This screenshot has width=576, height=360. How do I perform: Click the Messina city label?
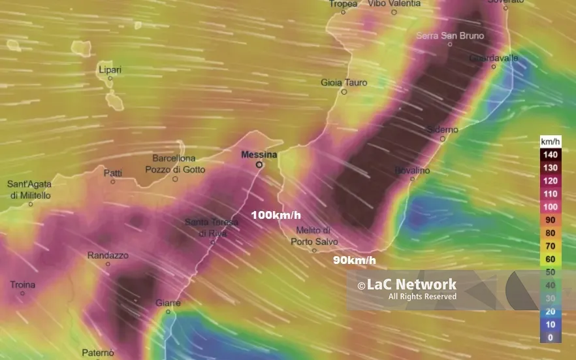tap(259, 155)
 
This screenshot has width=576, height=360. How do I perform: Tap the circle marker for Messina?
tap(259, 165)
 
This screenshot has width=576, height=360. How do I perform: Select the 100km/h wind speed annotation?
tap(276, 215)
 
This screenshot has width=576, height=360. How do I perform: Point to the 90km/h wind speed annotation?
tap(355, 260)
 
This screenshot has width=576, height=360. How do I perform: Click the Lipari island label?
tap(110, 70)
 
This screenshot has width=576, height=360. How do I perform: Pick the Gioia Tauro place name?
tap(344, 83)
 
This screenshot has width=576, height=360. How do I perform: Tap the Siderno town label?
tap(442, 129)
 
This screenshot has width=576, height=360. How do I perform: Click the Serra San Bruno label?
tap(450, 35)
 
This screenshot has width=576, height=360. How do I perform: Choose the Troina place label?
tap(23, 285)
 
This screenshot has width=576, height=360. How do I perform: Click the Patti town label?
tap(113, 172)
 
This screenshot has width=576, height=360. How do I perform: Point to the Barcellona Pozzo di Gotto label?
tap(174, 164)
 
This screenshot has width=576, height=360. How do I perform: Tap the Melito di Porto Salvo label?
tap(314, 237)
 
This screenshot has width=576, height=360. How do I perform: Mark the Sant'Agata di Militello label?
tap(29, 190)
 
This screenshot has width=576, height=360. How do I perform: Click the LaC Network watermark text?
tap(407, 285)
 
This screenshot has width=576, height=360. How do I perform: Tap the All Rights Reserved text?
tap(422, 297)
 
